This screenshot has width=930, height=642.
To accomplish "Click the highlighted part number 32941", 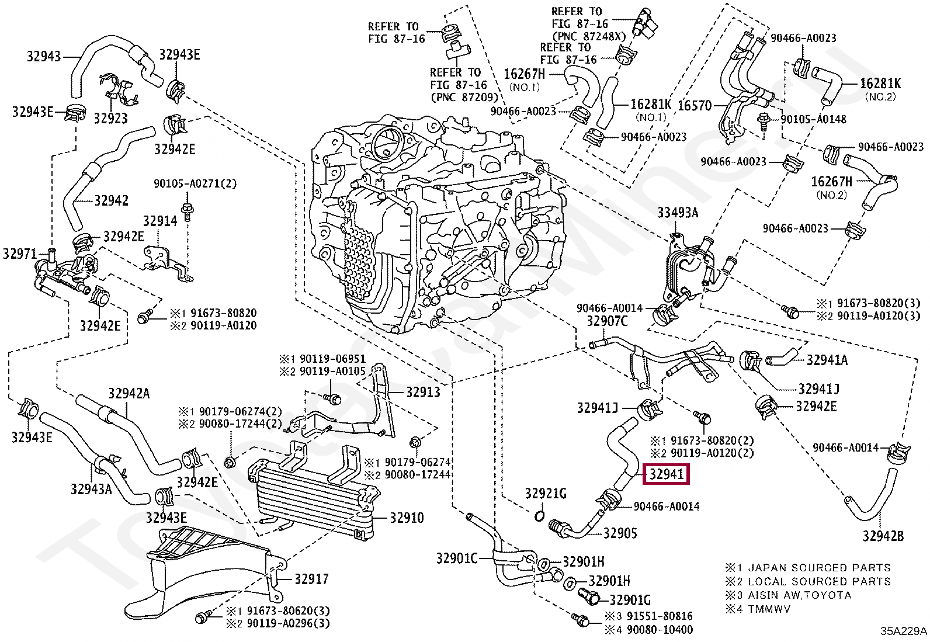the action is [x=666, y=474].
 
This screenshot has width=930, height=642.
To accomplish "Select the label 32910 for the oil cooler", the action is [x=407, y=518].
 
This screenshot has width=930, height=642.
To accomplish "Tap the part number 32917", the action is [x=311, y=579].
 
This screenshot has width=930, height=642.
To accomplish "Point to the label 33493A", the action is [x=678, y=213].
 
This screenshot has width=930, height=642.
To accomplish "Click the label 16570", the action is [x=695, y=106].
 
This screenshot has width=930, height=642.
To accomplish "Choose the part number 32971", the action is [x=20, y=254].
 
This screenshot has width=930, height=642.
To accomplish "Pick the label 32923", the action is [x=110, y=119].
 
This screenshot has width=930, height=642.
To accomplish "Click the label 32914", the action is [x=160, y=221].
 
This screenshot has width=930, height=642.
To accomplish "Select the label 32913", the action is [x=423, y=392].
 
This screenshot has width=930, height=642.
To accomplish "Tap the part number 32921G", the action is [x=546, y=494].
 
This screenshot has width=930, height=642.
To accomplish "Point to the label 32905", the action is [x=620, y=533].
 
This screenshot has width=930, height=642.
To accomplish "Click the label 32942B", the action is [x=883, y=536].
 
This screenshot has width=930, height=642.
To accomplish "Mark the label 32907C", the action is [x=607, y=321].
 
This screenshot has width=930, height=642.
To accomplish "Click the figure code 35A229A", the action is [x=904, y=631].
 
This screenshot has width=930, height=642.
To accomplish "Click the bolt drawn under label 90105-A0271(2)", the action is [x=188, y=211].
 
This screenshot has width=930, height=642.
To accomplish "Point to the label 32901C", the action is [x=457, y=558].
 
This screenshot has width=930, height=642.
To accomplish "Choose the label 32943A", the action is [x=91, y=489].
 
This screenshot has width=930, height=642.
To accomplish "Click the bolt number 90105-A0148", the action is [x=813, y=119].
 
